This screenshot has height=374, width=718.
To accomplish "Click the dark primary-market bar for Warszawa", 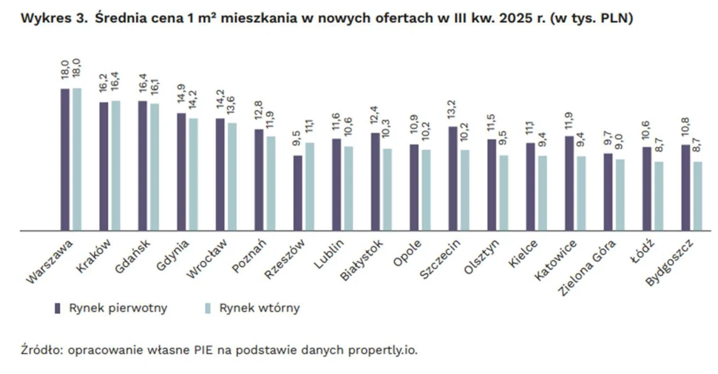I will (x=65, y=159).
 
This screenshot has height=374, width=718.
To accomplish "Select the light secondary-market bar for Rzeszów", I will (x=309, y=186).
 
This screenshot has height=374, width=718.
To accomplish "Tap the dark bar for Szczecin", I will (x=452, y=178).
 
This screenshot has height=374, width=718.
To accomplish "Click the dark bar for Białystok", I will (x=375, y=182).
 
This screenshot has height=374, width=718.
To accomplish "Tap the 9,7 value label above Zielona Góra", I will (x=607, y=137).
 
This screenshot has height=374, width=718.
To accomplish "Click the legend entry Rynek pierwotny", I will (x=128, y=308).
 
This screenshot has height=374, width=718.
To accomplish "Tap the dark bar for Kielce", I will (x=530, y=186).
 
